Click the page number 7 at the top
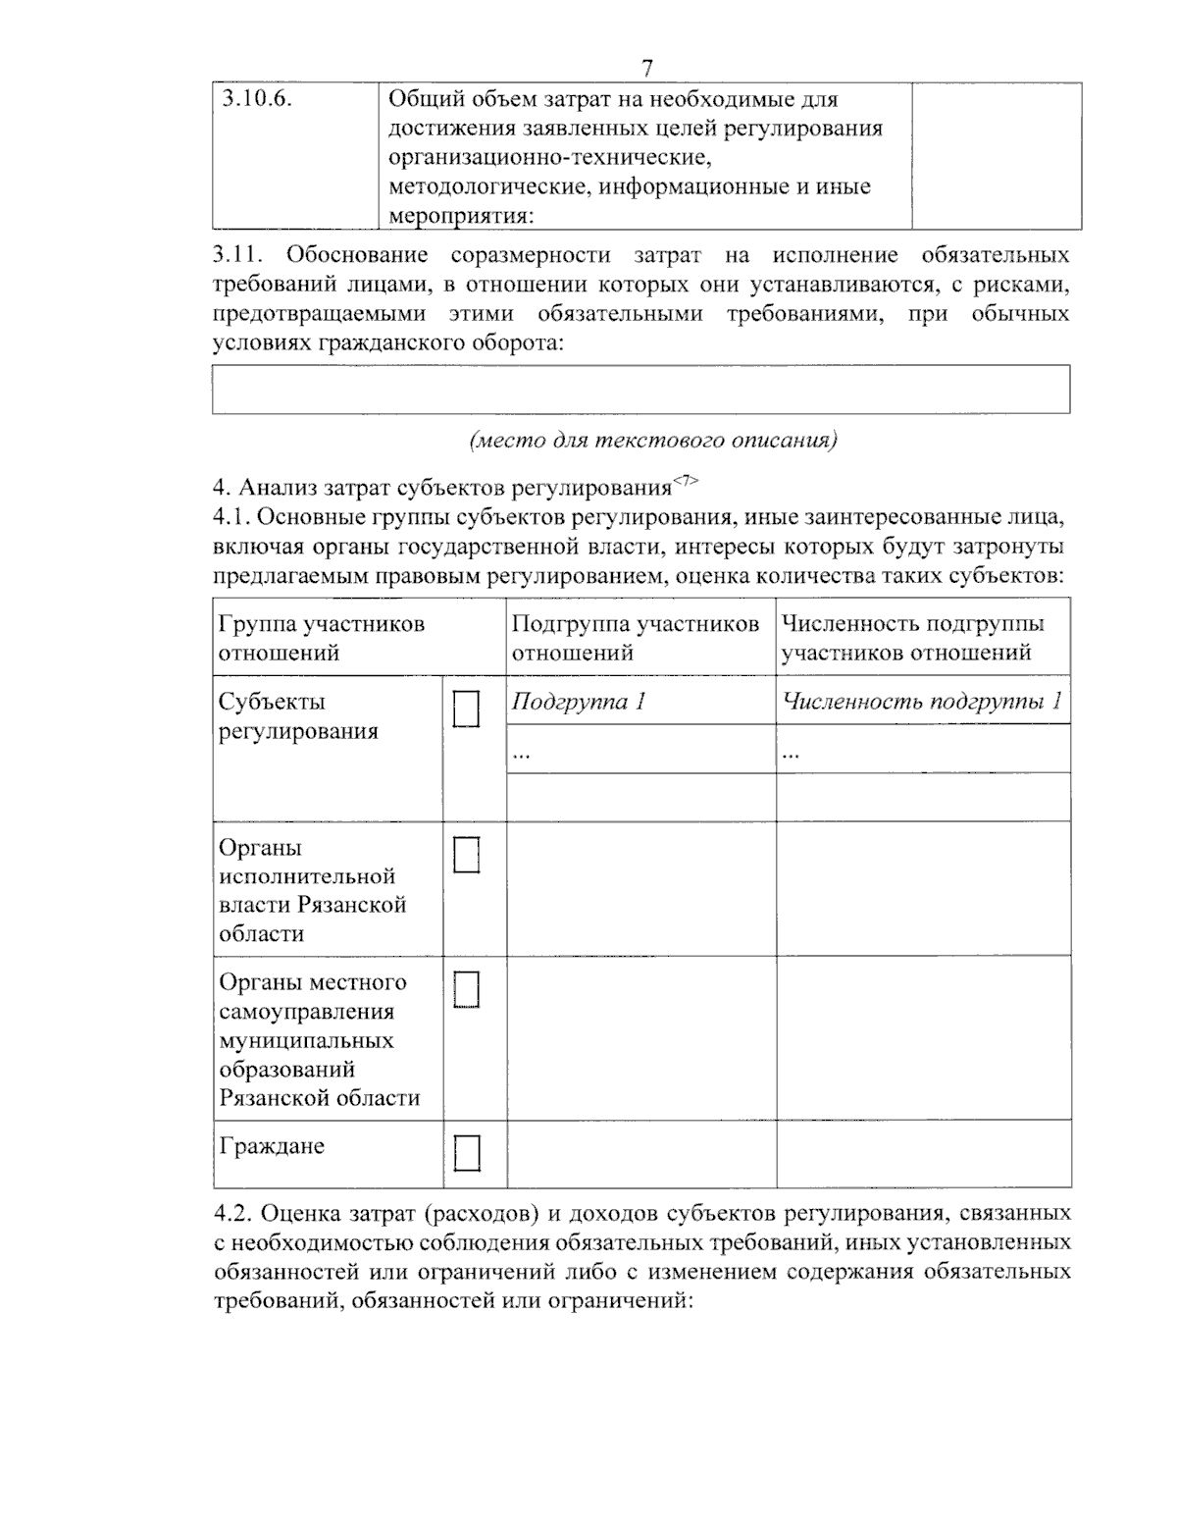coord(646,68)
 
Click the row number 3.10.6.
coord(257,99)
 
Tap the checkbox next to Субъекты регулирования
coord(467,708)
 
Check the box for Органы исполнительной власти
coord(467,855)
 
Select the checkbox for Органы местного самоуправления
coord(467,990)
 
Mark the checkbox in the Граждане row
coord(467,1153)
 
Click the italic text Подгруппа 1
coord(579,702)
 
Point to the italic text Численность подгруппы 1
coord(921,702)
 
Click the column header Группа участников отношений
coord(321,638)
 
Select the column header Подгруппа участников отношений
coord(636,638)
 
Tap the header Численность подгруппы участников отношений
coord(912,638)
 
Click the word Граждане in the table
coord(272,1146)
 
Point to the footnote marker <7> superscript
coord(685,480)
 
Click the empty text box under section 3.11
coord(640,389)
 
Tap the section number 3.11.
coord(236,256)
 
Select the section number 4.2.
coord(234,1214)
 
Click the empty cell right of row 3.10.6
coord(997,156)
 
